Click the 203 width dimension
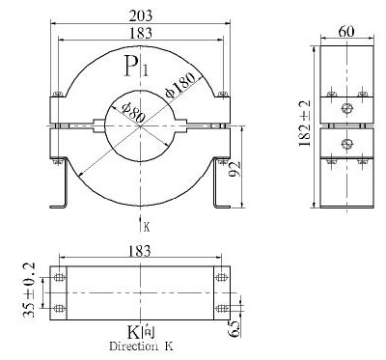pyautogui.click(x=140, y=15)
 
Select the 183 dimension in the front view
pyautogui.click(x=140, y=33)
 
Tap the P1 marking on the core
pyautogui.click(x=136, y=66)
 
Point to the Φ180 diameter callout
pyautogui.click(x=180, y=85)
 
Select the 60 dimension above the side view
pyautogui.click(x=346, y=32)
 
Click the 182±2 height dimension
pyautogui.click(x=305, y=124)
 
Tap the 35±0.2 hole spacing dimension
pyautogui.click(x=29, y=291)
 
